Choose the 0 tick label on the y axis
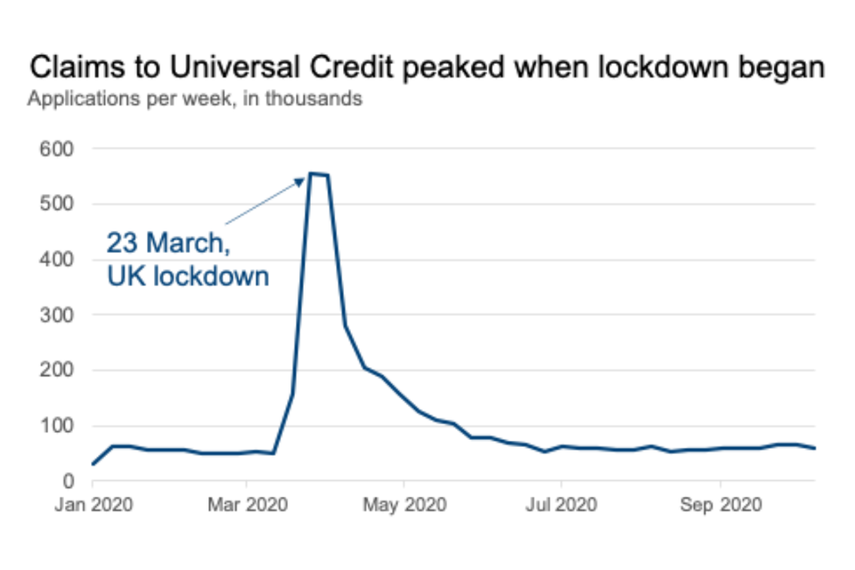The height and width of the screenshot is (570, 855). pyautogui.click(x=68, y=481)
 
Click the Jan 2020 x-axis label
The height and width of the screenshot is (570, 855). pyautogui.click(x=94, y=505)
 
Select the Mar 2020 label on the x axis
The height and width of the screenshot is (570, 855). pyautogui.click(x=248, y=505)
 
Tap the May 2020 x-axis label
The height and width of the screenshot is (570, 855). pyautogui.click(x=403, y=505)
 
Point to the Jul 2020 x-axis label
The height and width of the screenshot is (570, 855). pyautogui.click(x=561, y=505)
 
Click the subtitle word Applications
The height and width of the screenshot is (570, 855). pyautogui.click(x=77, y=99)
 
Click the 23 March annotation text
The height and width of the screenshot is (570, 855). pyautogui.click(x=175, y=242)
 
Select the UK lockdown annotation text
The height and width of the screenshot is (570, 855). pyautogui.click(x=188, y=276)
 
